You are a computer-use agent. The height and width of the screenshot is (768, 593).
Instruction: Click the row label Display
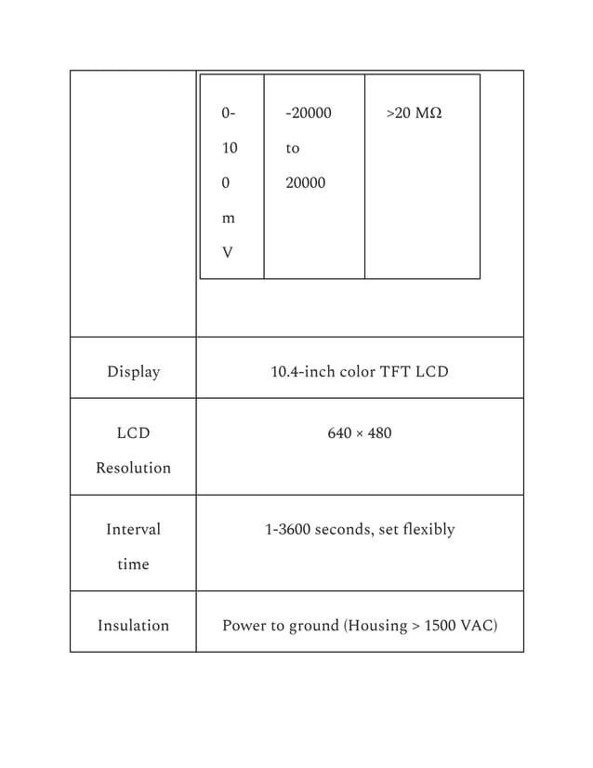click(133, 372)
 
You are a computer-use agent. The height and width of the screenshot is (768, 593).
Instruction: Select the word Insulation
click(133, 626)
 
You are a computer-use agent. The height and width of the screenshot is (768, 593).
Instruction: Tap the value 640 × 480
click(360, 433)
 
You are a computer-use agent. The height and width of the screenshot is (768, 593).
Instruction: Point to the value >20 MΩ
click(414, 113)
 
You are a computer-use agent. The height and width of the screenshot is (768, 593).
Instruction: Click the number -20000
click(308, 113)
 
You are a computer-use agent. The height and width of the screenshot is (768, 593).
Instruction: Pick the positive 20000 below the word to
click(305, 183)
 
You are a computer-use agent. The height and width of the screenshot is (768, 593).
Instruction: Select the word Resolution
click(133, 468)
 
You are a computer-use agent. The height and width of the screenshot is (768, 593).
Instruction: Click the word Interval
click(133, 529)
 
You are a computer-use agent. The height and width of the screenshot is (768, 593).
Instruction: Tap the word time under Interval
click(133, 564)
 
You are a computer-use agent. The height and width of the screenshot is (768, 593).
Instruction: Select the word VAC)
click(480, 626)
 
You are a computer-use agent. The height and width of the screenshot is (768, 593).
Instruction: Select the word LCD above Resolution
click(133, 433)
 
